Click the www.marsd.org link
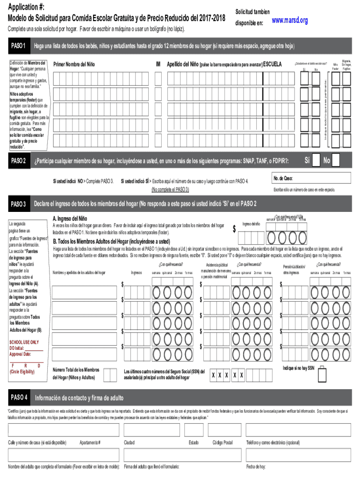[x=289, y=21]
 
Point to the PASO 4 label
[x=19, y=398]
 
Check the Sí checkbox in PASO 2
[x=316, y=160]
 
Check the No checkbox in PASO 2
[x=344, y=160]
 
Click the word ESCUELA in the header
[x=273, y=64]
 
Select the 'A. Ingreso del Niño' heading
[x=70, y=218]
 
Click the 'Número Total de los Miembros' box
[x=110, y=374]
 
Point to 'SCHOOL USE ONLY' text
[x=25, y=342]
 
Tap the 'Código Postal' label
[x=223, y=442]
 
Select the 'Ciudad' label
[x=129, y=442]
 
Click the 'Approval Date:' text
[x=20, y=354]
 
